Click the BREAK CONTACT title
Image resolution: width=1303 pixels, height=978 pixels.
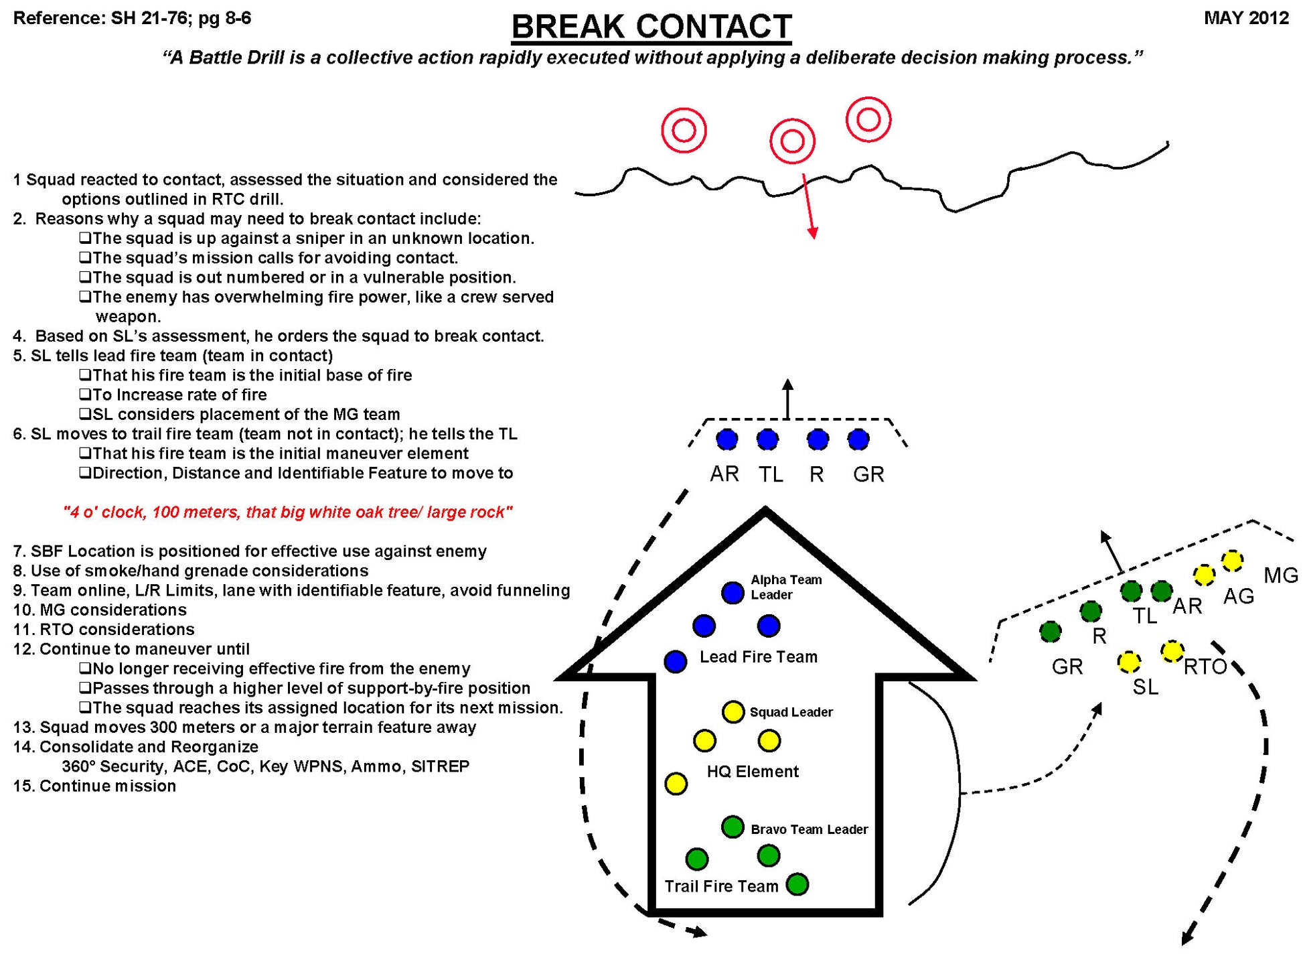pyautogui.click(x=651, y=27)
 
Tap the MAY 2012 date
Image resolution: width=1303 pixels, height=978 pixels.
pyautogui.click(x=1246, y=18)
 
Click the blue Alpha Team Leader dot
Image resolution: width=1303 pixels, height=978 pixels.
pyautogui.click(x=733, y=592)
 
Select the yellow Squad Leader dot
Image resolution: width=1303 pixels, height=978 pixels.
pyautogui.click(x=733, y=711)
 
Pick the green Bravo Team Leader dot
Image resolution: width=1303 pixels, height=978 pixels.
pyautogui.click(x=733, y=827)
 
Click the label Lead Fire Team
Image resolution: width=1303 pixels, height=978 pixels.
pyautogui.click(x=758, y=656)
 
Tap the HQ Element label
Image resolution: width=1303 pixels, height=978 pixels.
pyautogui.click(x=753, y=772)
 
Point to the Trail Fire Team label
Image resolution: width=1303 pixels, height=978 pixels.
pyautogui.click(x=721, y=886)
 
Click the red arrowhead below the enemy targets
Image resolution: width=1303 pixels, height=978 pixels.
pyautogui.click(x=813, y=232)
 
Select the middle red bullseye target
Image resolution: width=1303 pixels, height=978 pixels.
pyautogui.click(x=792, y=141)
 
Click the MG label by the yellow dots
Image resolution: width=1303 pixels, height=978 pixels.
pyautogui.click(x=1280, y=575)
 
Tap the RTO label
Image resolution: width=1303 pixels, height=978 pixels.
pyautogui.click(x=1205, y=667)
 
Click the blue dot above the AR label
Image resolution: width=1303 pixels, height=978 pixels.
pyautogui.click(x=726, y=439)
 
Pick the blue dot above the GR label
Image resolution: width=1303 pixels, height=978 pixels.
pyautogui.click(x=858, y=439)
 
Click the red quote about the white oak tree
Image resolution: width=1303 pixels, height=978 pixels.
pyautogui.click(x=288, y=512)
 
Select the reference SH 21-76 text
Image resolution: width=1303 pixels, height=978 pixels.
pyautogui.click(x=132, y=18)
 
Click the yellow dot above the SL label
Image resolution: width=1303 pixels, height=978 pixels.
pyautogui.click(x=1129, y=662)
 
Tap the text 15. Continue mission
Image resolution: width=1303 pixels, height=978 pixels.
pyautogui.click(x=94, y=786)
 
